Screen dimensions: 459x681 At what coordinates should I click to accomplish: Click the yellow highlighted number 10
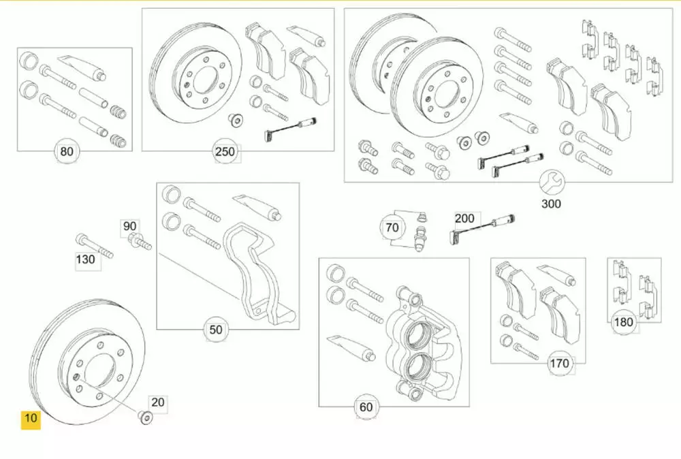[x=31, y=418]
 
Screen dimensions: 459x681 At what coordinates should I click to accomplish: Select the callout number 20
[x=157, y=402]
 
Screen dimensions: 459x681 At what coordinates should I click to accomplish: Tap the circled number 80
[x=66, y=151]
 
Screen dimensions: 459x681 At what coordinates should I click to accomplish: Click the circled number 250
[x=225, y=152]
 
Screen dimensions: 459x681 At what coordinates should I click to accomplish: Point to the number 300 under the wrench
[x=552, y=203]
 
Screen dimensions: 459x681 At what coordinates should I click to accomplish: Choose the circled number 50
[x=215, y=330]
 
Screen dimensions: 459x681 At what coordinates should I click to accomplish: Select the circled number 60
[x=366, y=407]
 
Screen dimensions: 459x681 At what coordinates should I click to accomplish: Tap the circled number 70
[x=392, y=228]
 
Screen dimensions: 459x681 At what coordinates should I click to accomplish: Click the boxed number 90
[x=129, y=225]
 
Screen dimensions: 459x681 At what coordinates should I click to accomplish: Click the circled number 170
[x=558, y=364]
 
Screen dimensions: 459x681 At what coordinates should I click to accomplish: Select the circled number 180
[x=624, y=322]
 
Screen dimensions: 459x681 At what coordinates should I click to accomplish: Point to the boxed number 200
[x=464, y=219]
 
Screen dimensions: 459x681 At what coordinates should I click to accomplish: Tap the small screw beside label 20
[x=144, y=416]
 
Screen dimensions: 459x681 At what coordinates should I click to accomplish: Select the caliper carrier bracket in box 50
[x=259, y=272]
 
